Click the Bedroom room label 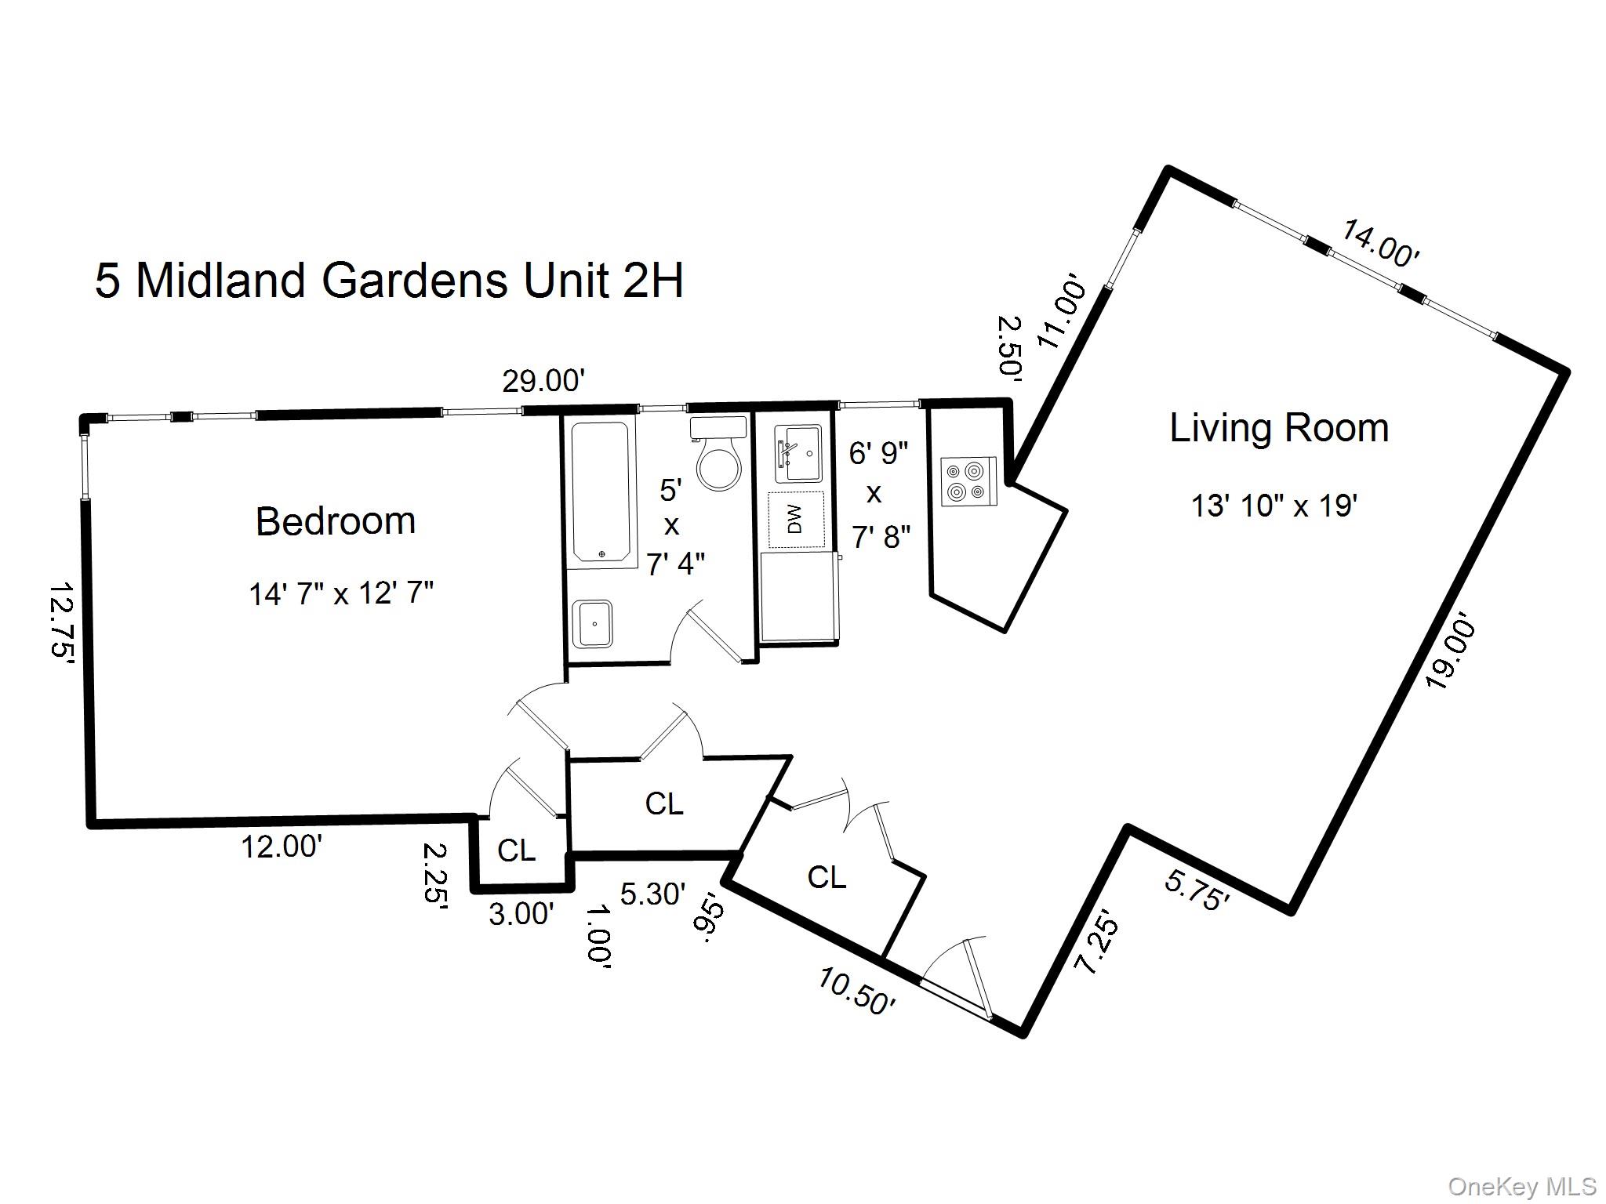click(x=336, y=521)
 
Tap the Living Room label click(x=1278, y=428)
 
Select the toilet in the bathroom click(x=718, y=455)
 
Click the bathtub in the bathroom click(x=600, y=492)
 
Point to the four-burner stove click(x=966, y=481)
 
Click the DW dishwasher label click(x=796, y=520)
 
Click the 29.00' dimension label click(x=543, y=382)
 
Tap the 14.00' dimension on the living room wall click(x=1380, y=243)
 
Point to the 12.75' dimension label click(x=62, y=623)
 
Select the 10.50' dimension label click(x=856, y=991)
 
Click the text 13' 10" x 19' click(x=1274, y=506)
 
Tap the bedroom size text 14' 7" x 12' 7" click(x=341, y=593)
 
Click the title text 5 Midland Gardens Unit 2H click(x=389, y=281)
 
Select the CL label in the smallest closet click(x=517, y=850)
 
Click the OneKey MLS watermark click(x=1522, y=1187)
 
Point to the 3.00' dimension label click(x=521, y=913)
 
